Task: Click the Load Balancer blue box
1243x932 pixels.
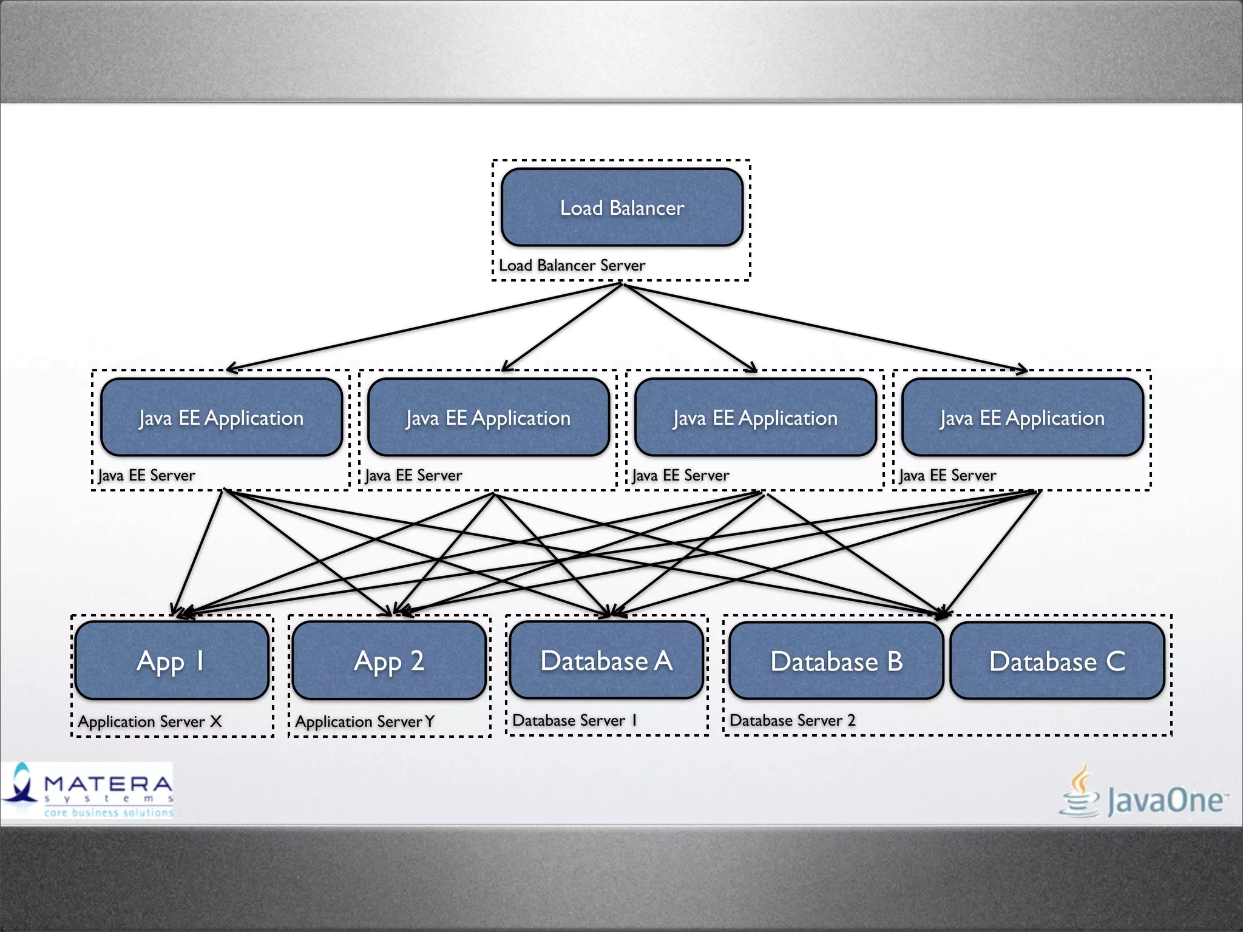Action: [x=621, y=208]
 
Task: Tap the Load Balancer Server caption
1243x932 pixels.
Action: [x=572, y=266]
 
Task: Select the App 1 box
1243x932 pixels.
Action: [x=171, y=660]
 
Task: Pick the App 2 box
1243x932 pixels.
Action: [x=389, y=660]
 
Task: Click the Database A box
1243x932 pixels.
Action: [x=606, y=660]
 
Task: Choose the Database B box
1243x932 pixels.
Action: [x=836, y=661]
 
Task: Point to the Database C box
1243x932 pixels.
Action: [x=1057, y=661]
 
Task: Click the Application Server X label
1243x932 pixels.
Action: [x=150, y=721]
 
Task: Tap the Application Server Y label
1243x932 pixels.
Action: [x=365, y=721]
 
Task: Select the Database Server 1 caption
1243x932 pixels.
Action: [x=574, y=720]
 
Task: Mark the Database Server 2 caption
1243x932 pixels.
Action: [x=792, y=720]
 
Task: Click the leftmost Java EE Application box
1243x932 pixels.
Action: [x=222, y=417]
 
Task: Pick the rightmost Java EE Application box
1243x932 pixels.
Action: [x=1022, y=417]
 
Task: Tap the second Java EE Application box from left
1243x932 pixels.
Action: [x=488, y=417]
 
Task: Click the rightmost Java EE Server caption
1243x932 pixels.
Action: [x=947, y=475]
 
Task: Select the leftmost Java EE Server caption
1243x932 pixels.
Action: [x=147, y=475]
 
